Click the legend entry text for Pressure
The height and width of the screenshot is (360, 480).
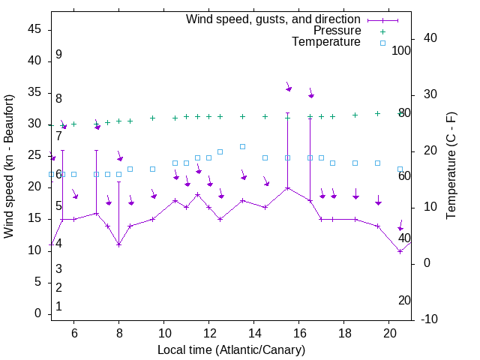pyautogui.click(x=337, y=31)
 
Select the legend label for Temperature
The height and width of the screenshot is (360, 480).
pyautogui.click(x=326, y=42)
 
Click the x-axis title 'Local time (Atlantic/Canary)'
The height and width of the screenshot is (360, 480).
pyautogui.click(x=231, y=350)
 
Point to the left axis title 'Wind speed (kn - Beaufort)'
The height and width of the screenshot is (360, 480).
pyautogui.click(x=9, y=166)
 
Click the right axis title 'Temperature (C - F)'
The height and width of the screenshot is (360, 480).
pyautogui.click(x=451, y=166)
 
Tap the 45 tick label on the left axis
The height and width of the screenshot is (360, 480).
pyautogui.click(x=34, y=29)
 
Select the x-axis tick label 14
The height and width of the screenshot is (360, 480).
pyautogui.click(x=253, y=333)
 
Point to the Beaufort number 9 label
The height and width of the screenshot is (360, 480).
pyautogui.click(x=58, y=55)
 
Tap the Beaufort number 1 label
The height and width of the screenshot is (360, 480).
pyautogui.click(x=58, y=307)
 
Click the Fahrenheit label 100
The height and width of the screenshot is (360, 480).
pyautogui.click(x=401, y=51)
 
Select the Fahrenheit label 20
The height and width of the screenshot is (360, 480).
pyautogui.click(x=404, y=300)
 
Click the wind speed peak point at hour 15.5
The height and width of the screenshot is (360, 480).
pyautogui.click(x=287, y=187)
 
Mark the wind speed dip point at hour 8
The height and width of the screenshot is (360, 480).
pyautogui.click(x=118, y=244)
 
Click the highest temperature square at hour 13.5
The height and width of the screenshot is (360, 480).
pyautogui.click(x=242, y=146)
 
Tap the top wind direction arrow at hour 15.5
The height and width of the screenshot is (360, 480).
pyautogui.click(x=287, y=88)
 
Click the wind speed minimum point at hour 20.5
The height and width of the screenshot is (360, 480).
pyautogui.click(x=400, y=251)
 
